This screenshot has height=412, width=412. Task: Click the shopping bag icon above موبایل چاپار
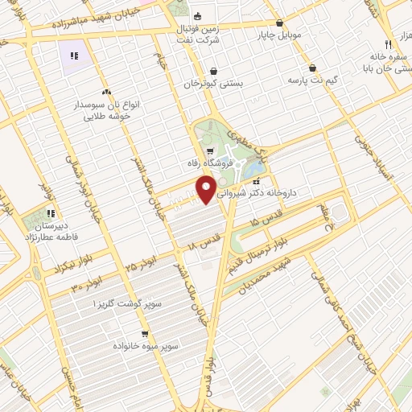279,23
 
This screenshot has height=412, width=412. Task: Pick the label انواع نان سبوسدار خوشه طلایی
112,109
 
